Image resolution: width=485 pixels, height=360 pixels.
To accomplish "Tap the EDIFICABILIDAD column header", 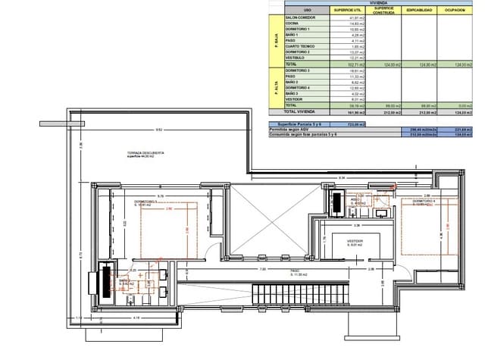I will click(x=419, y=11).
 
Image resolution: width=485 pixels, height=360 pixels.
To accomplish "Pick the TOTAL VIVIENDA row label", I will click(x=301, y=111).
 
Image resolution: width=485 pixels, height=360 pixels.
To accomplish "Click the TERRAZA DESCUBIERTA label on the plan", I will click(x=146, y=153).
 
